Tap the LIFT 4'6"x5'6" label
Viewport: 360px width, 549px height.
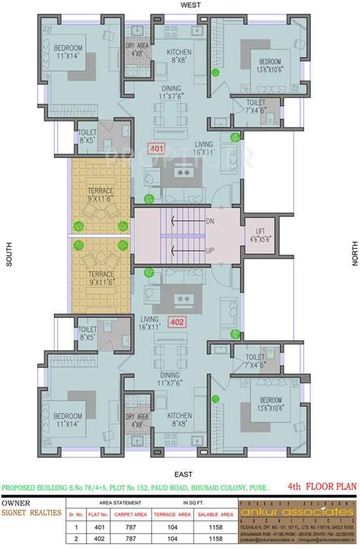pos(261,234)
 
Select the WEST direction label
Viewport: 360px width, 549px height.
pos(179,5)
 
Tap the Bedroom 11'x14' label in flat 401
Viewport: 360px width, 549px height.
pos(69,51)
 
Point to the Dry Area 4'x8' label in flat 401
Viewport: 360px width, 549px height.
pos(137,49)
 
